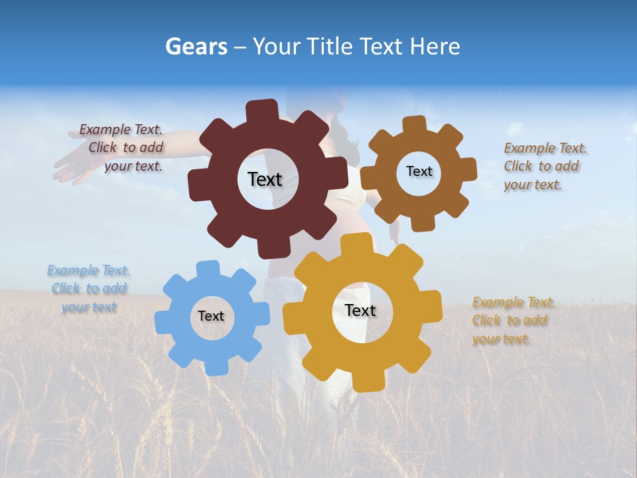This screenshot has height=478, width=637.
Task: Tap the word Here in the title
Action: [435, 46]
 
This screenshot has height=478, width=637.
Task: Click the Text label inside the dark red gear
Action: [265, 179]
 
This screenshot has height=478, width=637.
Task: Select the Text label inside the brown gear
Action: [419, 171]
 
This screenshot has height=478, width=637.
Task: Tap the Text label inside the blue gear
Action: [211, 316]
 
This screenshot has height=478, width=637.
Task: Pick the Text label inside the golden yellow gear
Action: [360, 310]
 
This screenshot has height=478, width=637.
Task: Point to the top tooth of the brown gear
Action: [415, 125]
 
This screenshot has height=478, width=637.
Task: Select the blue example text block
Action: [89, 289]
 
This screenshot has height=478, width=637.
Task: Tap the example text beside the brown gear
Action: [541, 167]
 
